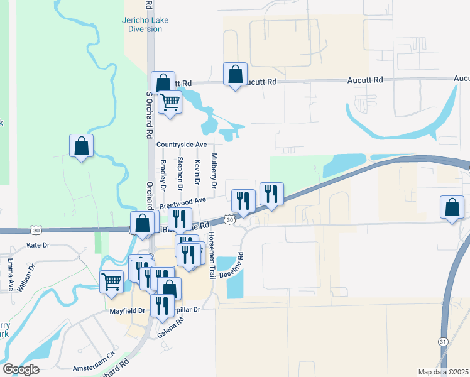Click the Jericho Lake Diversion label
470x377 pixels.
tap(141, 24)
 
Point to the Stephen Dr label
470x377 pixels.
tap(180, 173)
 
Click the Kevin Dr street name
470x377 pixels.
tap(197, 172)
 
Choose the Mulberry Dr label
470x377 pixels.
tap(214, 171)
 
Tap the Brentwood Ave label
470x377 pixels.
tap(183, 203)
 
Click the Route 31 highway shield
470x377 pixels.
tap(442, 341)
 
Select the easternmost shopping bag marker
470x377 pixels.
tap(452, 207)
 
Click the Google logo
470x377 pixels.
tap(21, 369)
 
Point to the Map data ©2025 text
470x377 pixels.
tap(442, 371)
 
